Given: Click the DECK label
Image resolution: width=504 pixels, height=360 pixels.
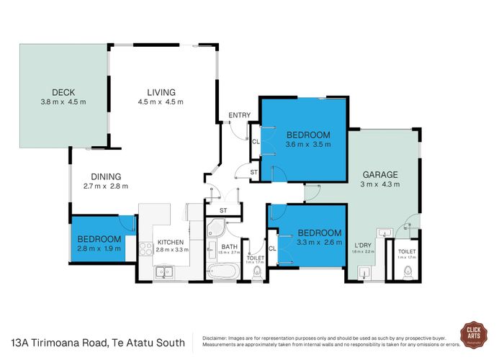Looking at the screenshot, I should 63,91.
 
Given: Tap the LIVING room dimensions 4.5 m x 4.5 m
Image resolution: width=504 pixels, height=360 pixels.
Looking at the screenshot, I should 161,102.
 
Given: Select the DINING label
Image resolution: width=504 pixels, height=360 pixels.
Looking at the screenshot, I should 105,176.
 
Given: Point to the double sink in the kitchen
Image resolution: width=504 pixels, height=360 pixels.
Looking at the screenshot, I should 165,271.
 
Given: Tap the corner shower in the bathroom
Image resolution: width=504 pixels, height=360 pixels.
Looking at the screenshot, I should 215,230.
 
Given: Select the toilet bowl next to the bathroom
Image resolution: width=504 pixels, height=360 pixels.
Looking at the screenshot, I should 256,271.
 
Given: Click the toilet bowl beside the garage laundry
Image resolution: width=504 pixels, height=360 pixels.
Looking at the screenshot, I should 408,271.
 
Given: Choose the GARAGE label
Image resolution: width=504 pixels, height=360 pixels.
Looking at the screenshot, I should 382,174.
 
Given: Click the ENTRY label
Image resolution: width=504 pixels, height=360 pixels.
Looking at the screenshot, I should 238,115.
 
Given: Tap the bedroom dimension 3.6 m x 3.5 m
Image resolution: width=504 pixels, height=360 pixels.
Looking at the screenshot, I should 307,144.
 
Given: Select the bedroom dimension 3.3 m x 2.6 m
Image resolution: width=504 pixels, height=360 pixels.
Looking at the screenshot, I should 319,243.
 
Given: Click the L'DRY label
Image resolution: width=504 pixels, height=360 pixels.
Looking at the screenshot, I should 364,244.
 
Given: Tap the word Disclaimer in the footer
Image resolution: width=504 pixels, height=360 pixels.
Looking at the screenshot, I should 215,336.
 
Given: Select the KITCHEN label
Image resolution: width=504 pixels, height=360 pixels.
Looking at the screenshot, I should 171,242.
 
